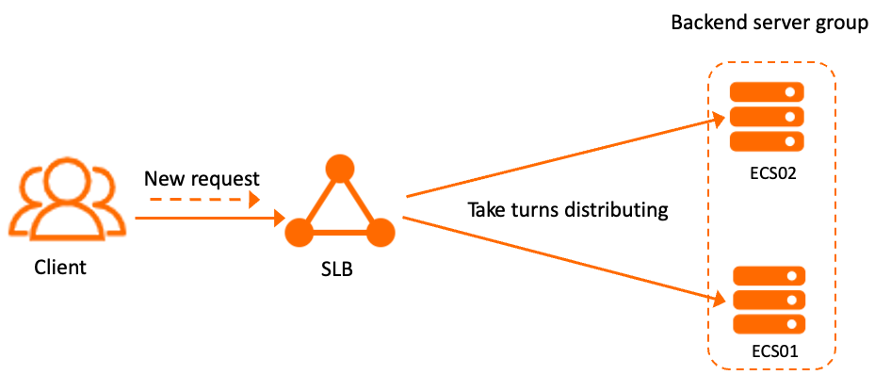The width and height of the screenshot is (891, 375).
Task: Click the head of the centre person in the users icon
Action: [67, 179]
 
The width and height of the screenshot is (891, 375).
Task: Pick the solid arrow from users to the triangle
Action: [207, 219]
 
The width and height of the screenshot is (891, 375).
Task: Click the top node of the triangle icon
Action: [339, 168]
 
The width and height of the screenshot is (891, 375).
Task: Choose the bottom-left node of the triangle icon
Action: [300, 232]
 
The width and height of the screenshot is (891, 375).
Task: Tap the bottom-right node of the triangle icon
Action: [381, 232]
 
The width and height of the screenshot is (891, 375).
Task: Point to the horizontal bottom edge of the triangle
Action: [340, 232]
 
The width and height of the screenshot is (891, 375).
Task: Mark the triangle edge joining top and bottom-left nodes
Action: [318, 201]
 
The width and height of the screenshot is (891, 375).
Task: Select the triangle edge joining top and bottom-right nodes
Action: [361, 201]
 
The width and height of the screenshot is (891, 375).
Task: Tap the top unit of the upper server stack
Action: [767, 92]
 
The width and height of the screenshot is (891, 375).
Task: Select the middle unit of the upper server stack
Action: [767, 117]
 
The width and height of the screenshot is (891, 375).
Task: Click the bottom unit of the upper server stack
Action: [767, 141]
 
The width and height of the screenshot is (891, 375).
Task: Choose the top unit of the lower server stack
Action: [769, 276]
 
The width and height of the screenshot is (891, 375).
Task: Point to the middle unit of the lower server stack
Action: [769, 300]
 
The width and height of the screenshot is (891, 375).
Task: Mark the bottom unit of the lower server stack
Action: [769, 324]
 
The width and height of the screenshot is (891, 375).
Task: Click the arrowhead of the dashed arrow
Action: [253, 200]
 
